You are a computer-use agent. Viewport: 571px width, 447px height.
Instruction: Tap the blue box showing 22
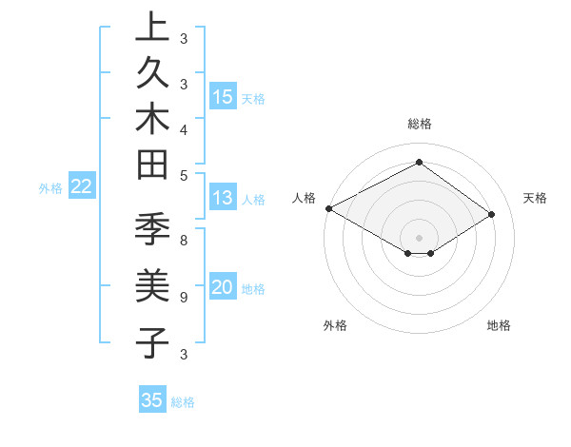(x=82, y=187)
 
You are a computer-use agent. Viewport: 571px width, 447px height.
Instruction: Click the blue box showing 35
(x=152, y=400)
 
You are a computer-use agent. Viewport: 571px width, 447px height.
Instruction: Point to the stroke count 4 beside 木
(x=184, y=128)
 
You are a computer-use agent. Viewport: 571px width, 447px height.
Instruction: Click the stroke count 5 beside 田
(x=184, y=175)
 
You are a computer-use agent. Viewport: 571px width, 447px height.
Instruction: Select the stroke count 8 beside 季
(x=184, y=241)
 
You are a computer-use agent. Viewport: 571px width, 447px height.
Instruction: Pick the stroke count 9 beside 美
(x=184, y=297)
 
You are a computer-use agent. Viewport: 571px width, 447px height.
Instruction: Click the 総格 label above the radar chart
(x=419, y=124)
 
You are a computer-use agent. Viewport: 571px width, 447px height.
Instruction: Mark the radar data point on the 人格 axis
(x=328, y=208)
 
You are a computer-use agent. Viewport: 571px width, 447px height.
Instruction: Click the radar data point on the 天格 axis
(x=492, y=214)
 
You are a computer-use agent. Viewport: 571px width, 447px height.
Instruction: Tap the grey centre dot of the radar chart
(x=419, y=237)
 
